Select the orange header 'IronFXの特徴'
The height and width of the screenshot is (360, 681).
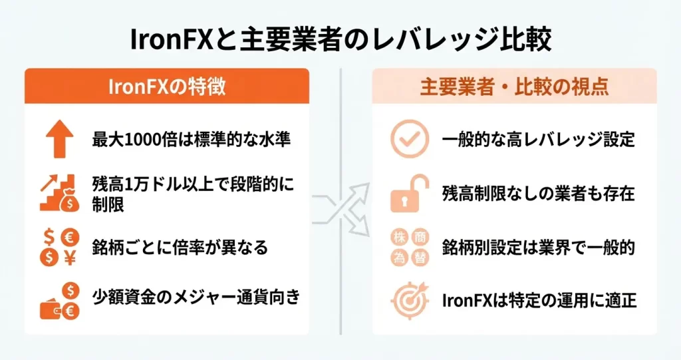pyautogui.click(x=166, y=87)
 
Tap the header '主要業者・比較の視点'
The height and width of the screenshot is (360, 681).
pyautogui.click(x=514, y=87)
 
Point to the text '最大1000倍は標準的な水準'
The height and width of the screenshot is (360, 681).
pyautogui.click(x=192, y=141)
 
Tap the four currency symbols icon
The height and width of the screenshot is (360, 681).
pyautogui.click(x=60, y=248)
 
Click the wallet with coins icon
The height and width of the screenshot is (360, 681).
pyautogui.click(x=60, y=301)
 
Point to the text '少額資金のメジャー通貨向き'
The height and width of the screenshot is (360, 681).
pyautogui.click(x=196, y=297)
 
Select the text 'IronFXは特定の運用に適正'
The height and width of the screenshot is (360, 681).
pyautogui.click(x=539, y=301)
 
